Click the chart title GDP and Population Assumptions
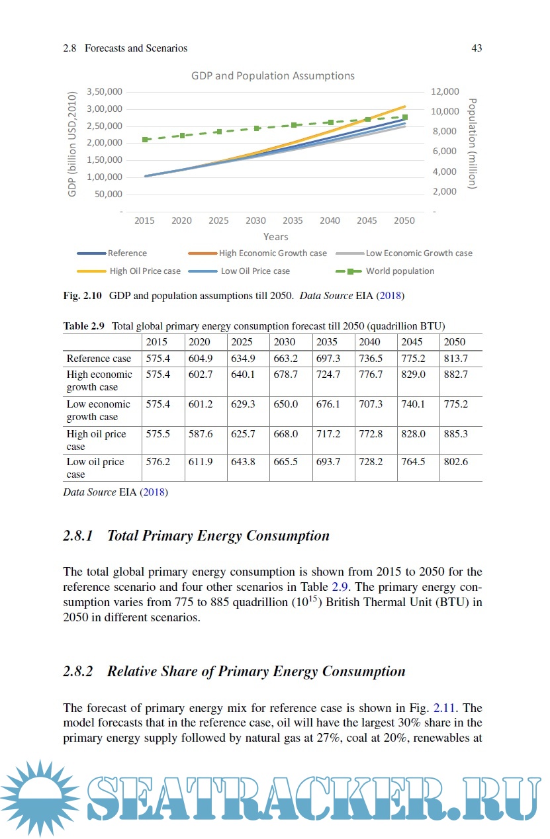click(x=273, y=75)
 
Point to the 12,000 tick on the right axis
click(x=445, y=91)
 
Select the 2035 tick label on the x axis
click(x=293, y=220)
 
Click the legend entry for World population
click(x=400, y=271)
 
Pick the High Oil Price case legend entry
click(x=144, y=271)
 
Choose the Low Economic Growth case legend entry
click(x=418, y=253)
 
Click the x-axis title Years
click(x=275, y=236)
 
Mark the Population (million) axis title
click(x=472, y=144)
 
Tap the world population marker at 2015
click(x=145, y=140)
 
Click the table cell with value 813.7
click(x=455, y=358)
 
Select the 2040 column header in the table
click(x=369, y=342)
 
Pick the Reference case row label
click(x=99, y=358)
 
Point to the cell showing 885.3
click(x=455, y=434)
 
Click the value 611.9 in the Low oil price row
click(x=200, y=461)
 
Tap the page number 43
click(x=476, y=48)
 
